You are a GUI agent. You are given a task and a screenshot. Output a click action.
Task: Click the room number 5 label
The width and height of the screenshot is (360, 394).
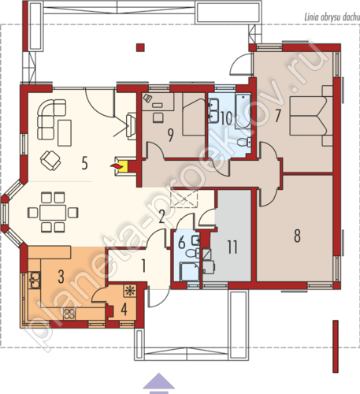pos(84,163)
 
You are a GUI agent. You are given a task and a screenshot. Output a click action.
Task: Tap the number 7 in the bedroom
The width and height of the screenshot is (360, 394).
pos(277,116)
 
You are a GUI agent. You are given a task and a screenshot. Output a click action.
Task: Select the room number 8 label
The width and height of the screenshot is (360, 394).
pos(297,236)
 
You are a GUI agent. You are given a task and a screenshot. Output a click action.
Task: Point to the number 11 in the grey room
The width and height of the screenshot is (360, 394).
pos(232,247)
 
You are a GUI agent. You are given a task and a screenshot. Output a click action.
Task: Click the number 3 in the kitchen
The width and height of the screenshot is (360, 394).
pos(61,277)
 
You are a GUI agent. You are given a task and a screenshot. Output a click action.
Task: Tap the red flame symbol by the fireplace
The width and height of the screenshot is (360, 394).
pos(114,165)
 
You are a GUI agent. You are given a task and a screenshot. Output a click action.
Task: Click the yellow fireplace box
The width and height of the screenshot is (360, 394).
pos(123,165)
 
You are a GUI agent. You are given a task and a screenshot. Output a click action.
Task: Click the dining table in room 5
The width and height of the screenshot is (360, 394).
pos(53,213)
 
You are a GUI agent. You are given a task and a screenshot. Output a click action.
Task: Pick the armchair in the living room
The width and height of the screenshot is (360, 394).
pos(50,160)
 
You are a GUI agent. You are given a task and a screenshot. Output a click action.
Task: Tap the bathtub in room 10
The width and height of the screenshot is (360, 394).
pos(243,112)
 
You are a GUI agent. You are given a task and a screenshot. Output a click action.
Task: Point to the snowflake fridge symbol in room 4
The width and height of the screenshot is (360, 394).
pos(129,291)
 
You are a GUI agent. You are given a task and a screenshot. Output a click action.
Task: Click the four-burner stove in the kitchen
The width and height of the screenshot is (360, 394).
pos(70,314)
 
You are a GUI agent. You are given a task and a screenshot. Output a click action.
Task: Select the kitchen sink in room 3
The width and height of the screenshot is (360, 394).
pos(35,281)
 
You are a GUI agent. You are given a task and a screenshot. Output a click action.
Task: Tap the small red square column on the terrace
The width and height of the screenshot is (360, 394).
pos(140,47)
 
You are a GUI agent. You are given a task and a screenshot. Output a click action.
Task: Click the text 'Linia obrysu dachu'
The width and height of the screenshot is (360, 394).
pos(332,17)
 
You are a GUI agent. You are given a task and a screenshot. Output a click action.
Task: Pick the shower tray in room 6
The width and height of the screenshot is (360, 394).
pos(189,272)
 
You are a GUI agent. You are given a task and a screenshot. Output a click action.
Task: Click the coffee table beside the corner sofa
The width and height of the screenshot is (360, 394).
pos(65,132)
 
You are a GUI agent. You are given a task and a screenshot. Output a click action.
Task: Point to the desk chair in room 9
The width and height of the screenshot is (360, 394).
pos(158,117)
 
